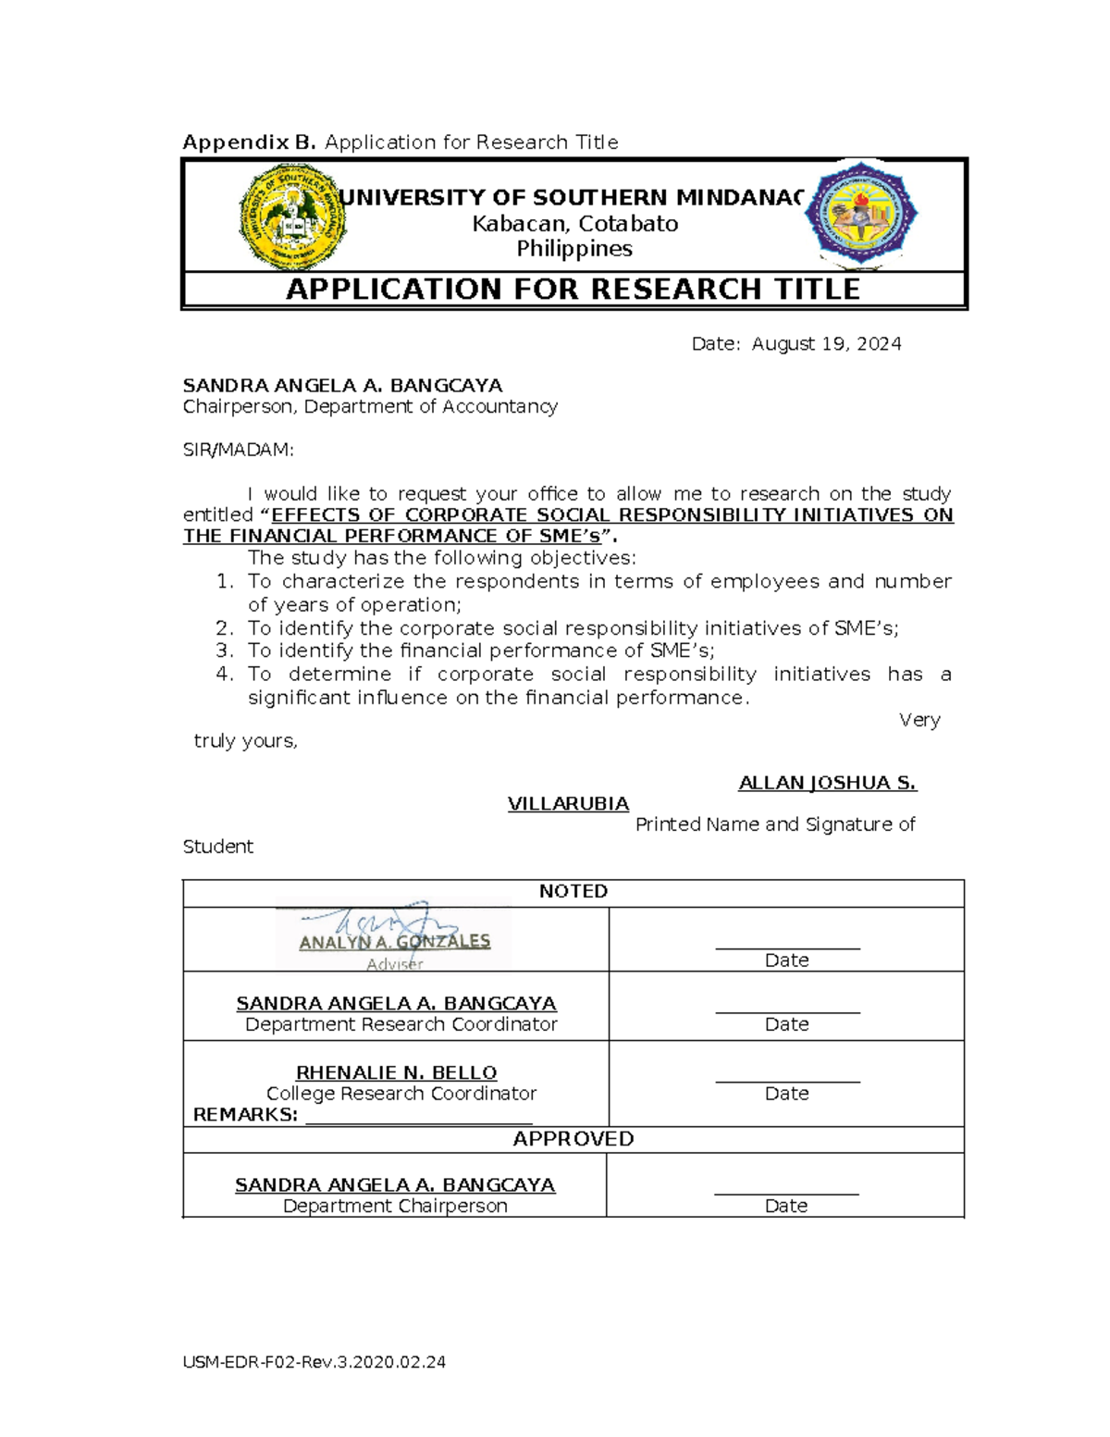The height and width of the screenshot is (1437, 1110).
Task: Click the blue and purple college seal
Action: pyautogui.click(x=860, y=214)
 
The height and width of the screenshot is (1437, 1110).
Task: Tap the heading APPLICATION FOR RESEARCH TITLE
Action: pyautogui.click(x=573, y=289)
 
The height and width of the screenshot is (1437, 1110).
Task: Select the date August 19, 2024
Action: pyautogui.click(x=826, y=344)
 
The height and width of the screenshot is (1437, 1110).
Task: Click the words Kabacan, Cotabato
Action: pyautogui.click(x=574, y=224)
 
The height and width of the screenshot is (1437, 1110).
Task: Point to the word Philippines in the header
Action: pyautogui.click(x=574, y=249)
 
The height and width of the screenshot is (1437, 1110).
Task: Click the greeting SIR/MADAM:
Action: pyautogui.click(x=238, y=450)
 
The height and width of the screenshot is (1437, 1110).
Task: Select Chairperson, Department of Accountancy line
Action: pyautogui.click(x=370, y=406)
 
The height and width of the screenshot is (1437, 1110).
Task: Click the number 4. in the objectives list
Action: pyautogui.click(x=225, y=675)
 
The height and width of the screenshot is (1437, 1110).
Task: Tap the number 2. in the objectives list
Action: pyautogui.click(x=225, y=628)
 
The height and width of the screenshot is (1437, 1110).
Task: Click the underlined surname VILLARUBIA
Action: pyautogui.click(x=568, y=803)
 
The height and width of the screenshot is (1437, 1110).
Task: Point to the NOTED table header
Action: pyautogui.click(x=573, y=891)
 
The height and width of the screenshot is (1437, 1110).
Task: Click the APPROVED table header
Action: pyautogui.click(x=573, y=1139)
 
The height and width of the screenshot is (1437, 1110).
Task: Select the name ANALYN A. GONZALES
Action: pyautogui.click(x=395, y=942)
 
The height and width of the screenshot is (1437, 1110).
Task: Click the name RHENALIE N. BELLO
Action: pyautogui.click(x=396, y=1072)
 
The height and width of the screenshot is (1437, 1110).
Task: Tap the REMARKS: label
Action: pyautogui.click(x=245, y=1115)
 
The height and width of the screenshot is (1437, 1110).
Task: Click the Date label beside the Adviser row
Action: pyautogui.click(x=786, y=960)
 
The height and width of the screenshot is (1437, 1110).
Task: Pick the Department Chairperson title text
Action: pyautogui.click(x=395, y=1206)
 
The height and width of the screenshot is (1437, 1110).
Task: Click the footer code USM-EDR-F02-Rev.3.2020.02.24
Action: pyautogui.click(x=314, y=1362)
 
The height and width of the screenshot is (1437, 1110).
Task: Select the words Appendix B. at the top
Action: pyautogui.click(x=250, y=142)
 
